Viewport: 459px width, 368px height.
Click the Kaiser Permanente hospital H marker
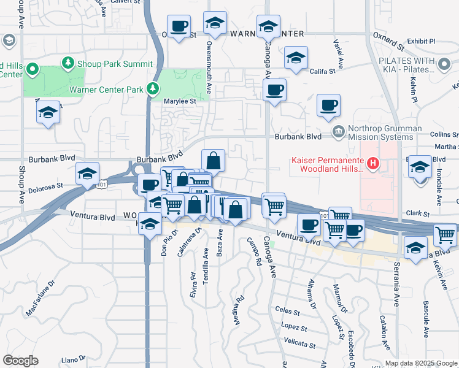pyautogui.click(x=372, y=163)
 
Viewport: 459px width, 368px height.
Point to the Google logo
pyautogui.click(x=20, y=361)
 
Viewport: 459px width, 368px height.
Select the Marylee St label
pyautogui.click(x=179, y=101)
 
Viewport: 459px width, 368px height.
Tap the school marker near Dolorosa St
pyautogui.click(x=88, y=173)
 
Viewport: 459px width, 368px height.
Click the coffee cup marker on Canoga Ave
pyautogui.click(x=274, y=90)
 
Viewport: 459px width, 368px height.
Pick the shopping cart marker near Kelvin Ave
pyautogui.click(x=445, y=234)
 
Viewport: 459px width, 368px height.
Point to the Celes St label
pyautogui.click(x=287, y=310)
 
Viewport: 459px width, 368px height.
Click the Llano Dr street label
pyautogui.click(x=74, y=359)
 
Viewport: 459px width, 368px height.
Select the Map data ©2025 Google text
pyautogui.click(x=421, y=363)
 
